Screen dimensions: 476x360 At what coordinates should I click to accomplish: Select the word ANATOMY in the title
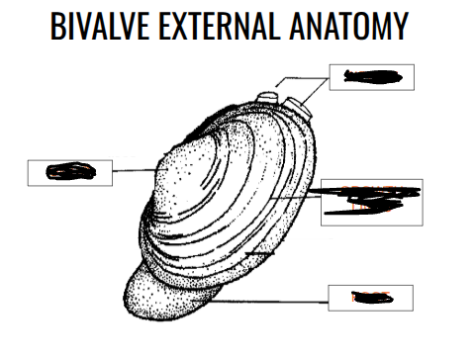349,27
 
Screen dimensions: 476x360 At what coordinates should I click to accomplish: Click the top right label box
371,76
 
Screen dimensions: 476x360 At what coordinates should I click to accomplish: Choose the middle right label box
372,202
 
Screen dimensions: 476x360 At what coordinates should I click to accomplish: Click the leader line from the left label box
129,171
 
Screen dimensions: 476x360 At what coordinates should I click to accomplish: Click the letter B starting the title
56,27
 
